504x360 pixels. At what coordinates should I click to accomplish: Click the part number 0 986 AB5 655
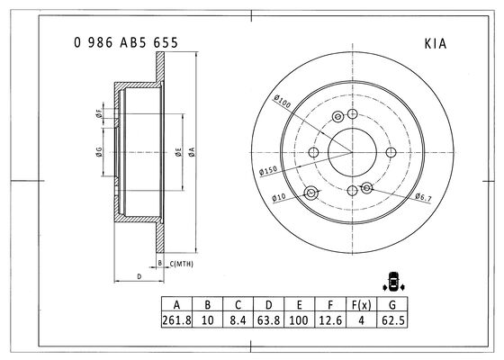click(x=126, y=42)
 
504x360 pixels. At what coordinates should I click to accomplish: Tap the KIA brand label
click(x=436, y=44)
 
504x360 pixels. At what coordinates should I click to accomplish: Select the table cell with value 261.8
click(x=176, y=320)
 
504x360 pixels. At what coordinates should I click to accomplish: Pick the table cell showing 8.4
click(x=238, y=320)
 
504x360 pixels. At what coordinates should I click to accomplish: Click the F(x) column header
click(x=361, y=304)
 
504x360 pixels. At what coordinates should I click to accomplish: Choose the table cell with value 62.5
click(x=392, y=320)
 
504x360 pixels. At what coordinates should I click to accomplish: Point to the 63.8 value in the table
click(x=269, y=320)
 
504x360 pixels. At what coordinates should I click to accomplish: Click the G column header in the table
click(x=392, y=304)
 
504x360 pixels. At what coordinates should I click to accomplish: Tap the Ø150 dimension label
click(x=268, y=170)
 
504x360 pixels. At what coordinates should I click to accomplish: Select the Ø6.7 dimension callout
click(x=423, y=197)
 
